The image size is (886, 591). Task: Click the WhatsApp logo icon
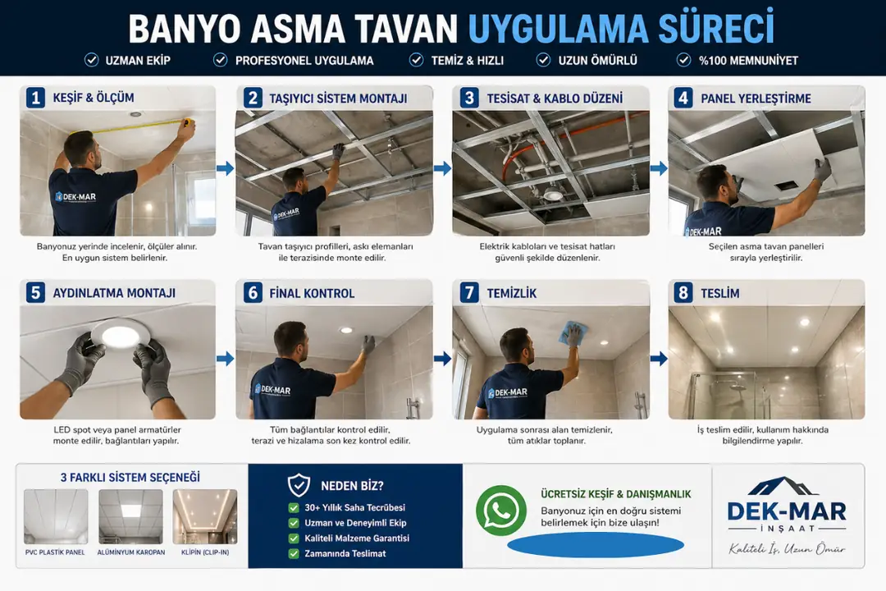(501, 511)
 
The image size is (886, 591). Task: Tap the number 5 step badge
(35, 293)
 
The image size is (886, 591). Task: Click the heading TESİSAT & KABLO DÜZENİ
(555, 98)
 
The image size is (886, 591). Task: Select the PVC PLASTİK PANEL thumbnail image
(56, 517)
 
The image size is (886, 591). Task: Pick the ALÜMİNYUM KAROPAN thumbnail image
(130, 517)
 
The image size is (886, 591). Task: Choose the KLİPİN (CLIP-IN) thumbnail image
(205, 517)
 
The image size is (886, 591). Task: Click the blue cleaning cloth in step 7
(572, 334)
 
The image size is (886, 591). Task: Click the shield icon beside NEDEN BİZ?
(299, 486)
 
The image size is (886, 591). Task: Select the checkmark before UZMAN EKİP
(91, 60)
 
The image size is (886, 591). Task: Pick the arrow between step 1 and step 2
(225, 168)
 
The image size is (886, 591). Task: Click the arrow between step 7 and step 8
(658, 359)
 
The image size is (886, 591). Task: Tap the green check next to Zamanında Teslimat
(294, 553)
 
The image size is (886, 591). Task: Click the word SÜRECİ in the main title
(706, 28)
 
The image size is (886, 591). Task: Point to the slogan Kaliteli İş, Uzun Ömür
(787, 548)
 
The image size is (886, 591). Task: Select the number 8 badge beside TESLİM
(683, 293)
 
